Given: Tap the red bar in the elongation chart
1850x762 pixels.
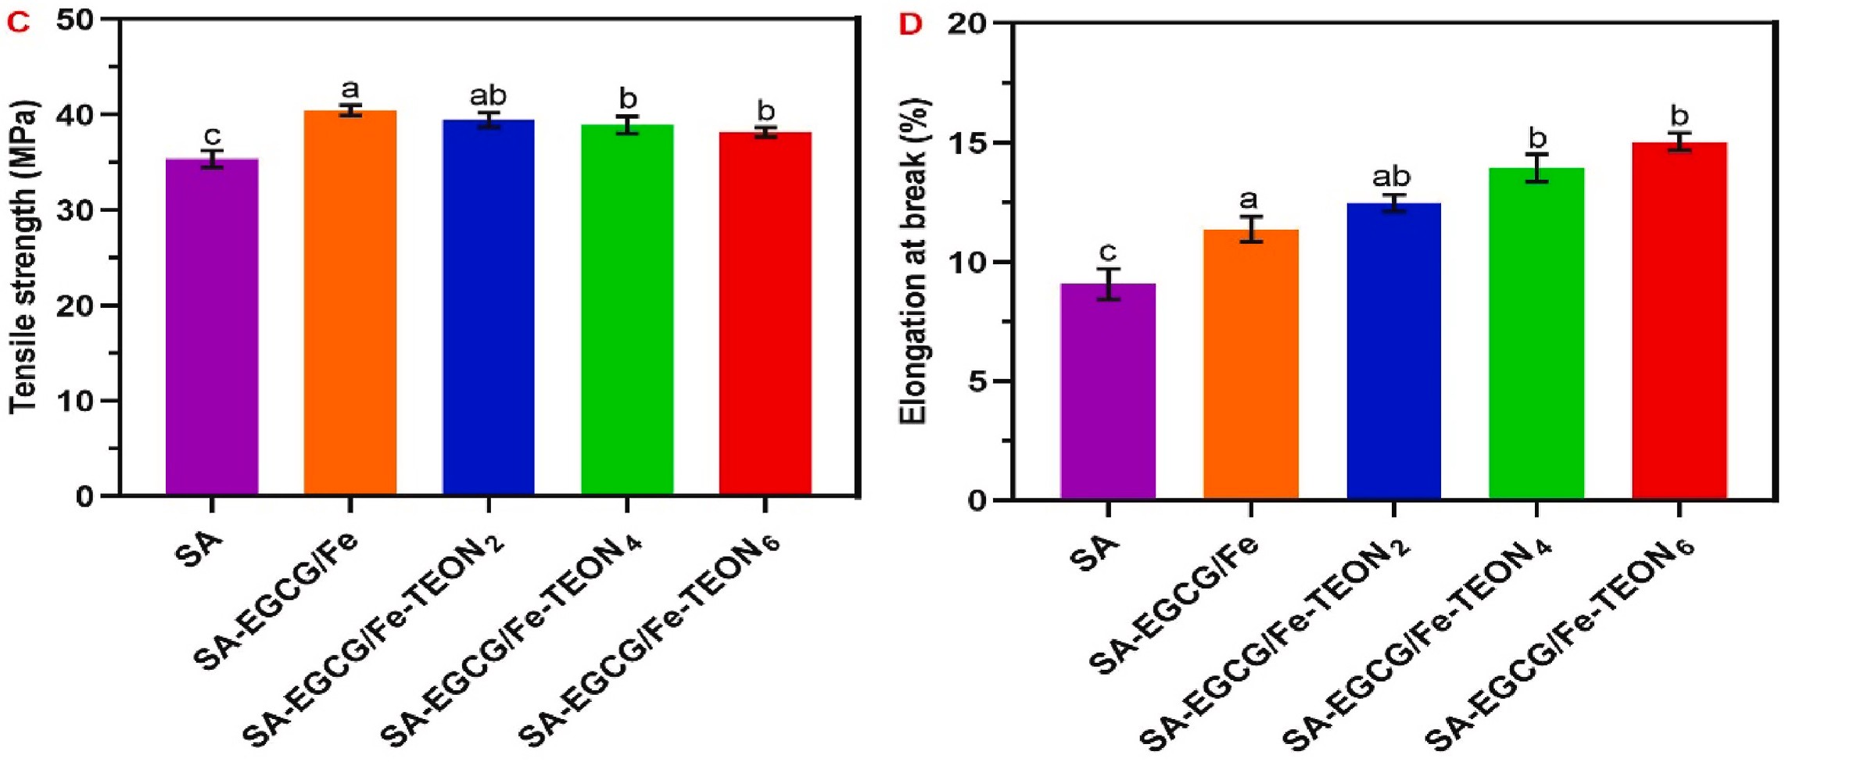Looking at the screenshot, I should (x=1679, y=320).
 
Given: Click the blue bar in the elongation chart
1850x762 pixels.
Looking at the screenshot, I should (x=1393, y=351).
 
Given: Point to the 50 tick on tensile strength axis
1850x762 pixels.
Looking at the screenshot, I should (x=75, y=20).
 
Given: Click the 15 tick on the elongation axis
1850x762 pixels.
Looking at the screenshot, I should (x=967, y=144).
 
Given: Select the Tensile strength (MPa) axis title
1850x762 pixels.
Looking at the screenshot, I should (x=23, y=258).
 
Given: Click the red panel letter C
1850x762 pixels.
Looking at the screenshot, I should (x=18, y=22).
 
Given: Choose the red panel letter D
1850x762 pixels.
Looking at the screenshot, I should (x=910, y=24).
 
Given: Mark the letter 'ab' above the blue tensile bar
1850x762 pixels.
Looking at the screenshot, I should (x=488, y=95).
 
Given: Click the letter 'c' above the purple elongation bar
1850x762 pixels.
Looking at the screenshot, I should (x=1107, y=252).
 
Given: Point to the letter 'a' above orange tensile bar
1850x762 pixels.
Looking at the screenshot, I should (x=350, y=88).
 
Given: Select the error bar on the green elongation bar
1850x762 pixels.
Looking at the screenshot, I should (x=1536, y=168).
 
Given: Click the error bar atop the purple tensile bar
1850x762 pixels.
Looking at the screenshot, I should (x=212, y=159).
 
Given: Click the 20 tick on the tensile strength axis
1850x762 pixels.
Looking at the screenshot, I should (x=75, y=306).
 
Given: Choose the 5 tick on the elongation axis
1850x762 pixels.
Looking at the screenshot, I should (x=976, y=382).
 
